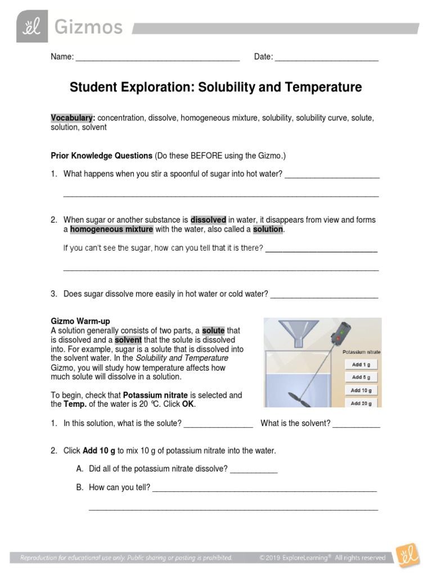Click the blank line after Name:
(x=157, y=57)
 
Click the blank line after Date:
(x=326, y=57)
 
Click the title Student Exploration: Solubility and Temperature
(x=215, y=87)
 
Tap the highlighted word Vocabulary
(x=72, y=118)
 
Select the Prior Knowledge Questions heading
(x=102, y=155)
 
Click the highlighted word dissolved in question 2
(x=208, y=220)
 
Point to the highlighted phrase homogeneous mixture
(x=111, y=229)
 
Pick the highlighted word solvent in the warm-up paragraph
(x=128, y=340)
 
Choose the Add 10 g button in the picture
(x=361, y=390)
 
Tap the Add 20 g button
(x=361, y=403)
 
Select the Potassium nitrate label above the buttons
(x=361, y=352)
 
